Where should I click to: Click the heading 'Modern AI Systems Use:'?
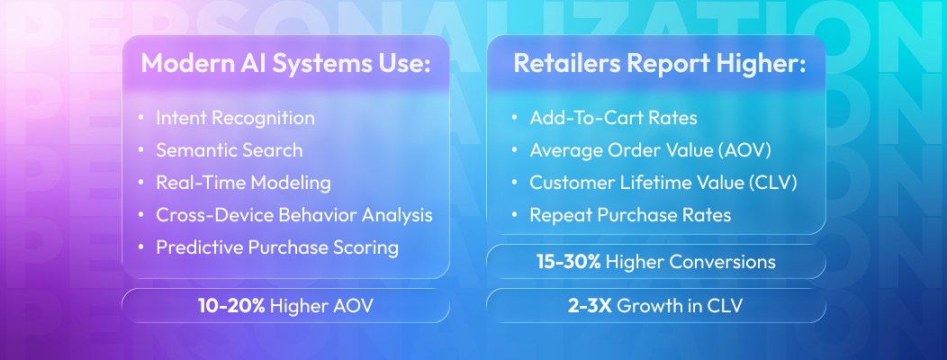286,65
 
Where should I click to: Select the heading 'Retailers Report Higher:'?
658,65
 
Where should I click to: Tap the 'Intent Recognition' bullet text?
235,118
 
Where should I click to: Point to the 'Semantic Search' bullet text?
229,150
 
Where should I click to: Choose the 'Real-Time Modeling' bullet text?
243,183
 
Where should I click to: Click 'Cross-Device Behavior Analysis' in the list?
293,215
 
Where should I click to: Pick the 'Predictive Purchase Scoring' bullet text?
276,247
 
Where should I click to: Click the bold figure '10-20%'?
232,306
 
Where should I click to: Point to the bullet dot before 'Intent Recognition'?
141,118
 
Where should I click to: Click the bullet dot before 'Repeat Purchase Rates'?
514,215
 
